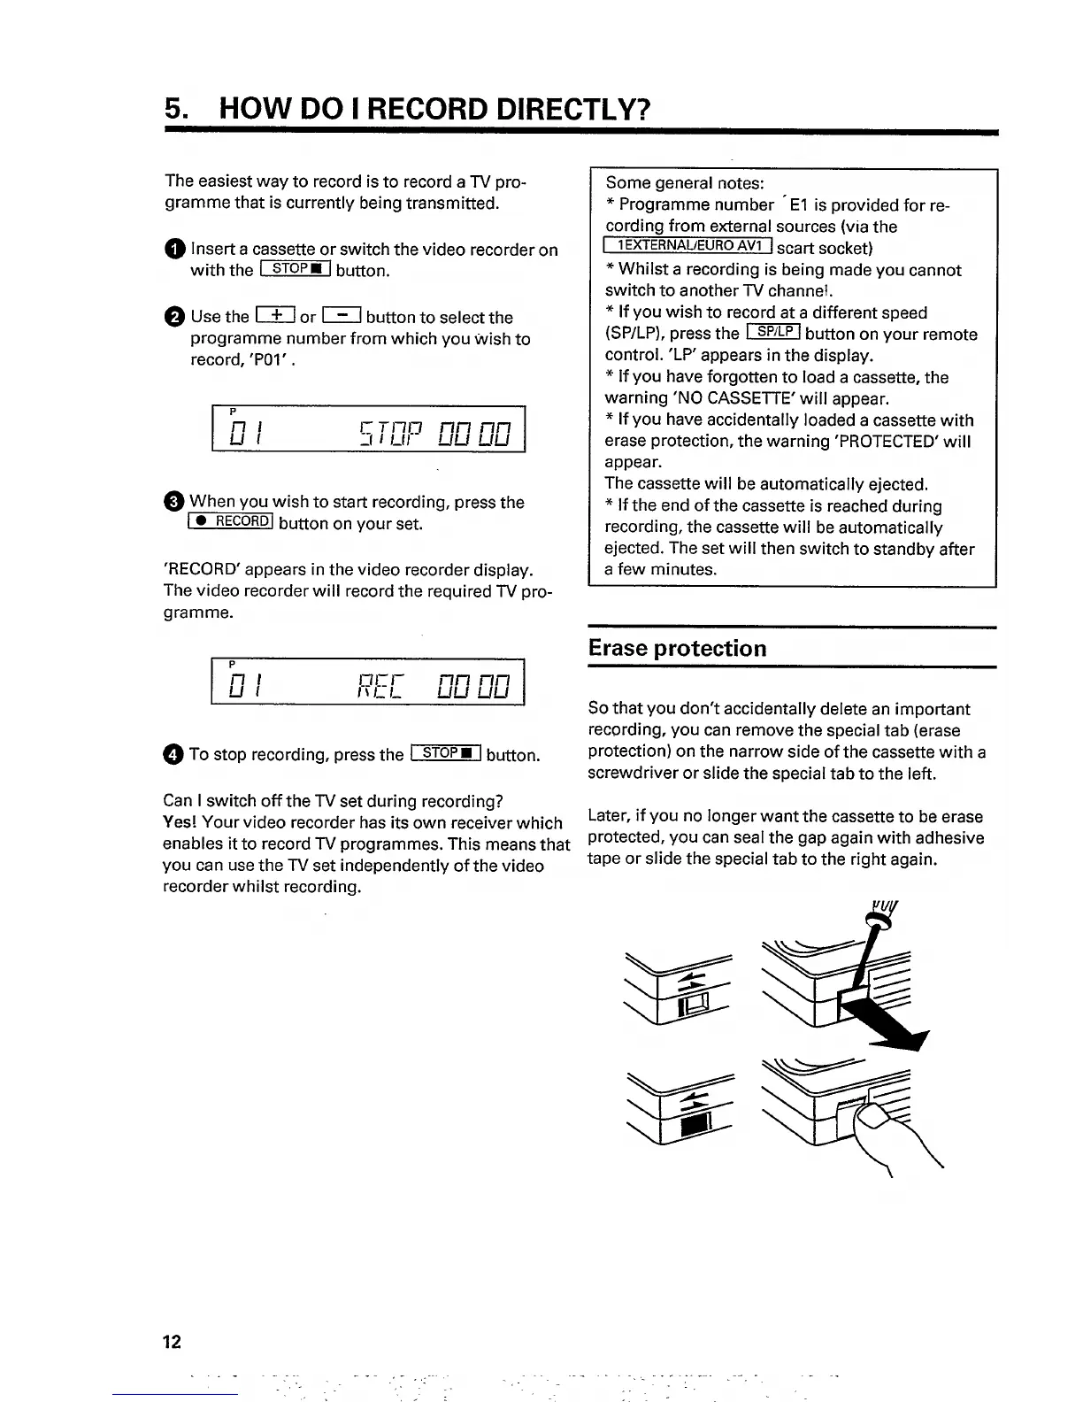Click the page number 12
click(172, 1341)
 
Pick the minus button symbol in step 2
click(341, 316)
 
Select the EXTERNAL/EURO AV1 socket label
click(687, 248)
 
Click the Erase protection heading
click(678, 648)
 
